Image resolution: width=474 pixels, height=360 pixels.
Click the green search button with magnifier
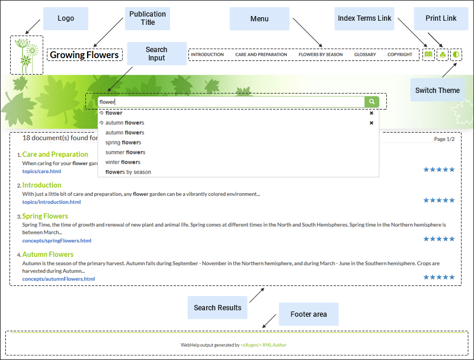[371, 102]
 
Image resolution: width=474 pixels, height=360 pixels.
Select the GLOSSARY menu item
[365, 54]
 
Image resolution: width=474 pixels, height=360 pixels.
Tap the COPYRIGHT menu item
[400, 54]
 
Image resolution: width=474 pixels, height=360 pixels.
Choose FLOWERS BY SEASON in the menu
[321, 54]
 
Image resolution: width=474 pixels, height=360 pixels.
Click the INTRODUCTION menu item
[207, 54]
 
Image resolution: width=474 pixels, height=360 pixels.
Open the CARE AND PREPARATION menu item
[261, 54]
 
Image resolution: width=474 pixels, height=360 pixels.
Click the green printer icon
[442, 55]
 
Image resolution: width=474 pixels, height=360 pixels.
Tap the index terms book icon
[428, 54]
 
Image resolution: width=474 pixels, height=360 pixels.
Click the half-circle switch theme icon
[456, 54]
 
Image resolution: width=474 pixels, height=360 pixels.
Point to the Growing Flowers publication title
[84, 55]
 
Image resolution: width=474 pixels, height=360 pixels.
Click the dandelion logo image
[26, 55]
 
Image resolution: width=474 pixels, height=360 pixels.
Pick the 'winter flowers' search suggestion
[123, 162]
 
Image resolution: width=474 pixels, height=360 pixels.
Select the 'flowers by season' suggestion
[128, 172]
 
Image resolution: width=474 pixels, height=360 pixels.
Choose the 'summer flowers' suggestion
[125, 152]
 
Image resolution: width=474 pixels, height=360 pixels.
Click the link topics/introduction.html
[52, 202]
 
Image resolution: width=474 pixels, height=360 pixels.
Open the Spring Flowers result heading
[45, 216]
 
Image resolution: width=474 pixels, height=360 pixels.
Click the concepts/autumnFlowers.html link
[59, 279]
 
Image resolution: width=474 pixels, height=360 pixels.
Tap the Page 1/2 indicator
[444, 139]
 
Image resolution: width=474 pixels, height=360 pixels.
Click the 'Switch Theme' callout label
[437, 91]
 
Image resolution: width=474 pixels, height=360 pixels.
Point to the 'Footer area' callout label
[309, 314]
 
